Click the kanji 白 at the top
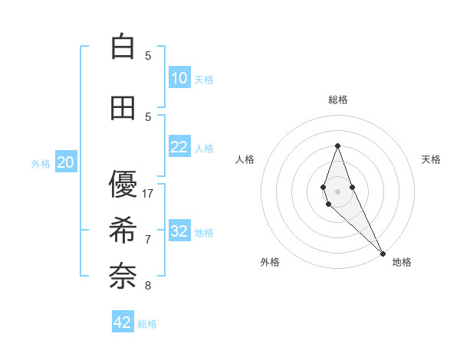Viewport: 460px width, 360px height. [123, 47]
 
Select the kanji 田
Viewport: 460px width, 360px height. [123, 108]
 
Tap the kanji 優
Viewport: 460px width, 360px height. [123, 185]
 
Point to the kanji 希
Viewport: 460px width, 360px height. [123, 231]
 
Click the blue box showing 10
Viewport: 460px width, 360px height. [179, 78]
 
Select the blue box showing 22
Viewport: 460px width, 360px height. [179, 147]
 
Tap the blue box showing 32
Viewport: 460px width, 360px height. [179, 231]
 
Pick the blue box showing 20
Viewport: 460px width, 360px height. [66, 162]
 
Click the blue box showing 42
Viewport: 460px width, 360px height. [123, 322]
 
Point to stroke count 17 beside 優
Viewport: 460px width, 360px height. [149, 194]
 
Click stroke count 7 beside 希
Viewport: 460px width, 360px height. [149, 240]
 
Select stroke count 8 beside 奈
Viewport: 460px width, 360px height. [149, 286]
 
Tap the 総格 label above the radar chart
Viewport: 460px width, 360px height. [337, 100]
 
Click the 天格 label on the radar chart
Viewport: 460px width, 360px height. [431, 159]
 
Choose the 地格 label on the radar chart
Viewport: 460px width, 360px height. [402, 262]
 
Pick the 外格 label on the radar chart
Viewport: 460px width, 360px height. [270, 262]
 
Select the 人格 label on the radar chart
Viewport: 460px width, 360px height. [245, 159]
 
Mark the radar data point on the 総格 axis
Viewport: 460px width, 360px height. [337, 146]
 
